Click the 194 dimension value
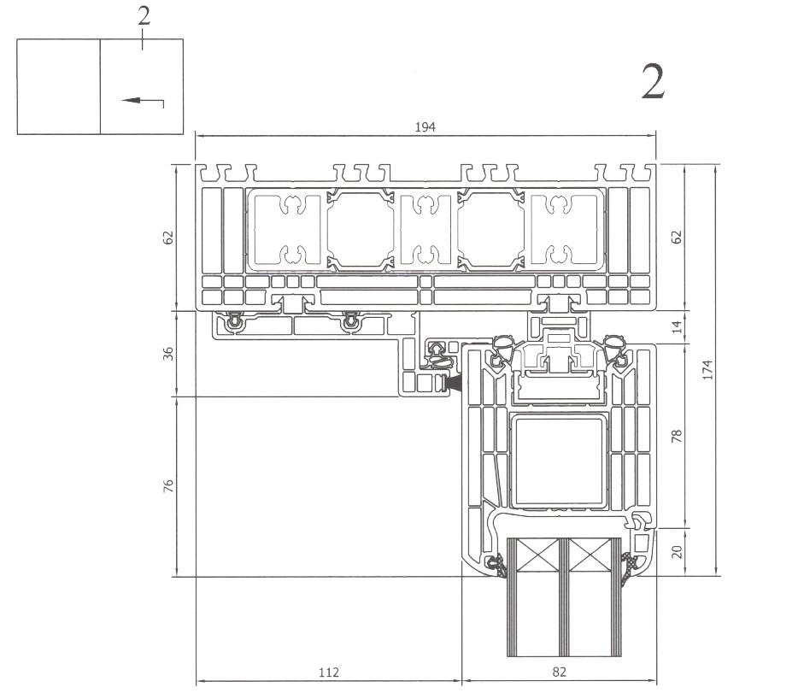coord(425,126)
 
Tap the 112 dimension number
coord(328,673)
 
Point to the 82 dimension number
coord(559,673)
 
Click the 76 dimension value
coord(168,486)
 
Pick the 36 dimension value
coord(168,352)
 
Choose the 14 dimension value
coord(678,327)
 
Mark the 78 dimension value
coord(678,437)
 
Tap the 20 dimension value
coord(678,552)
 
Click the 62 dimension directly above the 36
coord(168,236)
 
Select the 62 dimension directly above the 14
coord(678,236)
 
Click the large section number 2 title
coord(653,83)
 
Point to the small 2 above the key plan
coord(144,17)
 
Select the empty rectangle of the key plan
coord(58,86)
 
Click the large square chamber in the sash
coord(559,460)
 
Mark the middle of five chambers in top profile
coord(425,229)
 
